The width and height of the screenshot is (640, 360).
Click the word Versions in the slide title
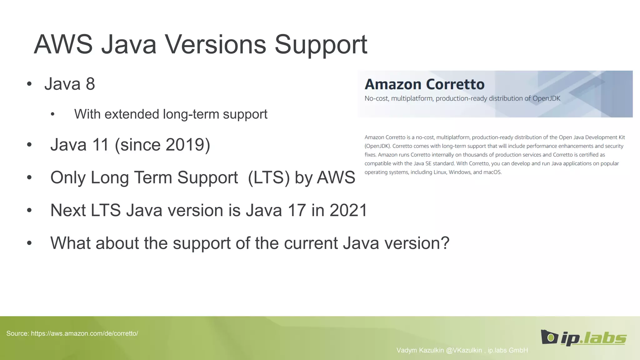215,44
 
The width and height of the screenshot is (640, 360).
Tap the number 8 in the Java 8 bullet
90,84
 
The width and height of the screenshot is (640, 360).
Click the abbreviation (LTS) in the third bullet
269,177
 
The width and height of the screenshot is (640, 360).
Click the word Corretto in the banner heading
455,84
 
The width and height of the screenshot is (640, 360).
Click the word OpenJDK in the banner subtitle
546,98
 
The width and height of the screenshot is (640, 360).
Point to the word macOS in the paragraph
492,172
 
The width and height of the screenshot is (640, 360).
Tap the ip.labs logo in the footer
583,338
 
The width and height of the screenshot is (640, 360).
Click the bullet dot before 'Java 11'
29,145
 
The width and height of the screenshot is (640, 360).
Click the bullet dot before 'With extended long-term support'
52,114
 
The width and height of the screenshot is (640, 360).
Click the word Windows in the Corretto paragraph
459,172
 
